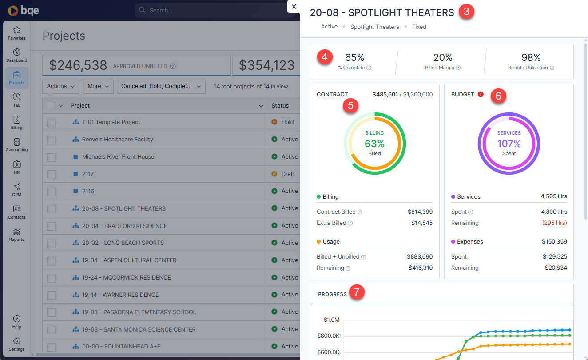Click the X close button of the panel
[294, 7]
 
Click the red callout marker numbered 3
[466, 12]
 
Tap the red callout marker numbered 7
[356, 292]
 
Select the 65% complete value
[354, 57]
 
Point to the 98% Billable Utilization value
[531, 57]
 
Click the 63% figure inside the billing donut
[374, 144]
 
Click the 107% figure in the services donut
[509, 144]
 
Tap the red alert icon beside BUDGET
[481, 94]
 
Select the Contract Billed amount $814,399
[420, 212]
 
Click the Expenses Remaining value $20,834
[556, 268]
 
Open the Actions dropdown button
[61, 86]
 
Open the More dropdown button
[98, 86]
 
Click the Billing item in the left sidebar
[16, 122]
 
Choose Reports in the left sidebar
[16, 234]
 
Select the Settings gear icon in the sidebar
[16, 341]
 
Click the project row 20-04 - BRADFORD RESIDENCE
[124, 226]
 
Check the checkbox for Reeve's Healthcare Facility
[51, 140]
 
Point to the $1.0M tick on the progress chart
[331, 320]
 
